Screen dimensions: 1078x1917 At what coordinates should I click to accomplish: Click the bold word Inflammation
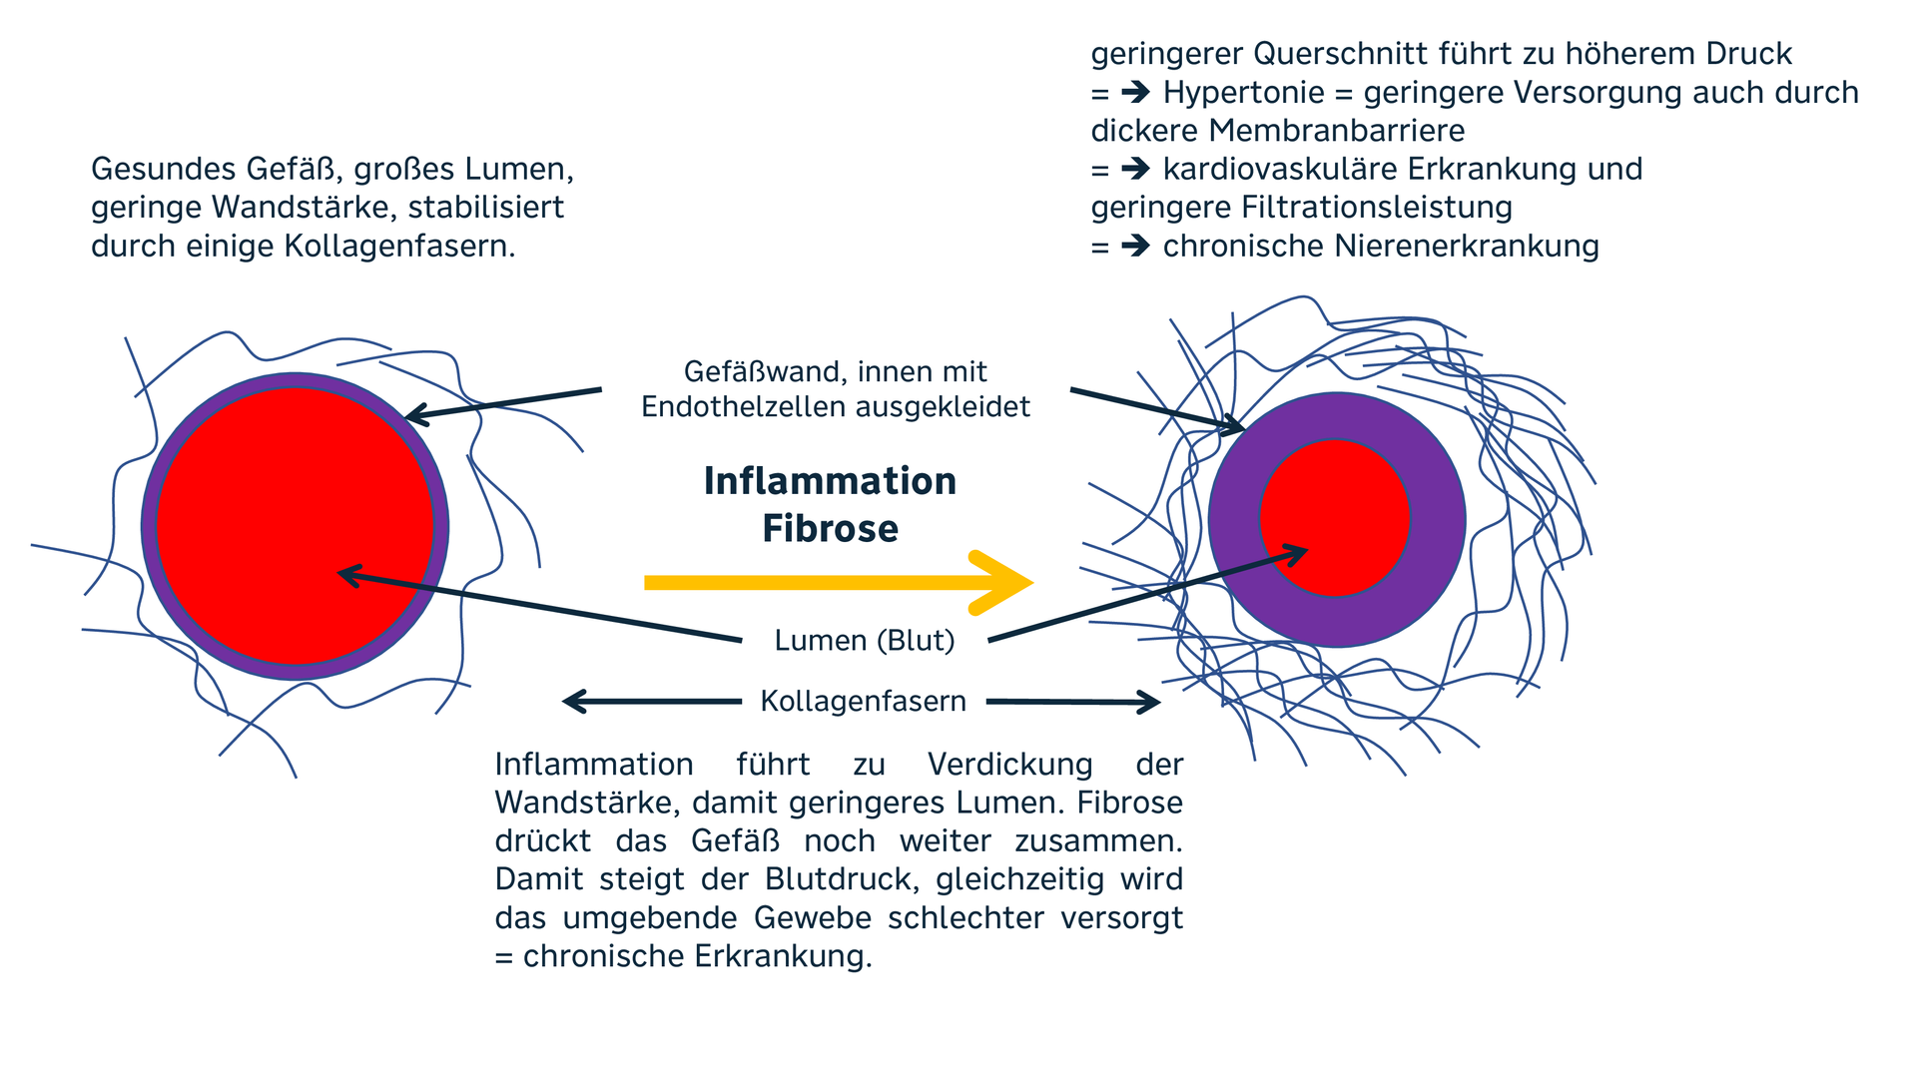830,481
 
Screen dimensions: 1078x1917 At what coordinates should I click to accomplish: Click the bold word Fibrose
830,528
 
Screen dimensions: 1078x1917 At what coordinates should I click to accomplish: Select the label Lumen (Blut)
865,640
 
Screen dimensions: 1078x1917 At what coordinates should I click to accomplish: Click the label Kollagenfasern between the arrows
863,701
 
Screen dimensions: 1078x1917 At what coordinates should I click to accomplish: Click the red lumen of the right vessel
1334,518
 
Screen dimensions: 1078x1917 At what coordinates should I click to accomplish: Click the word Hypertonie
1243,93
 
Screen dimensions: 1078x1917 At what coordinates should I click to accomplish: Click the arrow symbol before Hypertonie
1135,93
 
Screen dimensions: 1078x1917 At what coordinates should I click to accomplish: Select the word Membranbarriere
1336,131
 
